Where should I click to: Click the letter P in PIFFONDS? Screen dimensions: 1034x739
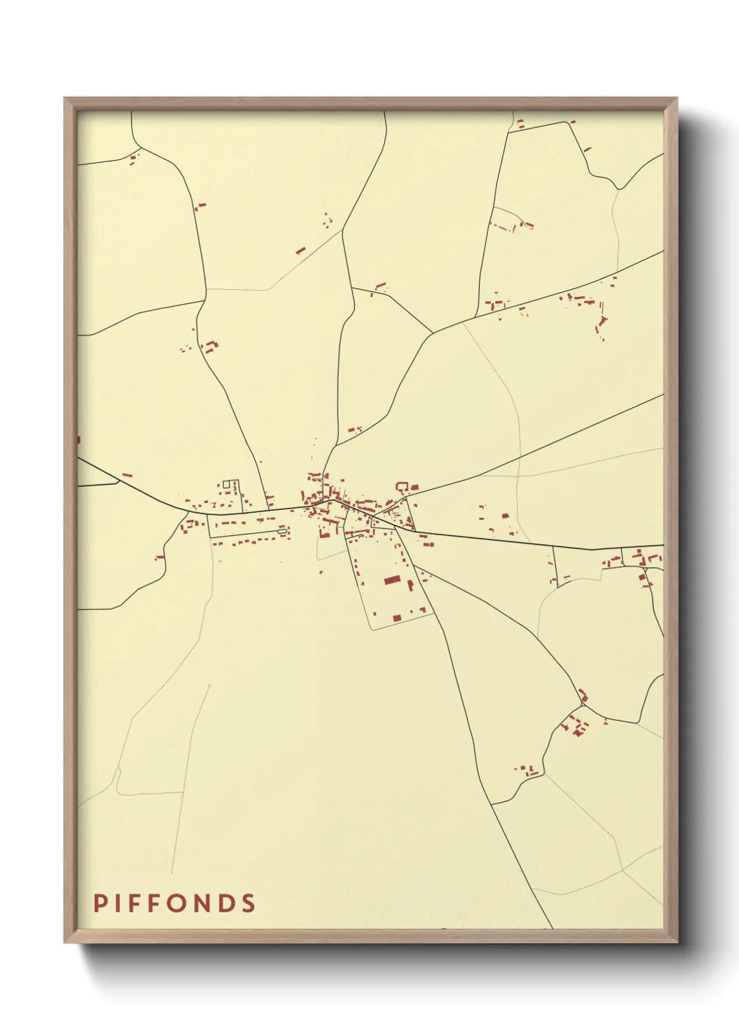tap(99, 903)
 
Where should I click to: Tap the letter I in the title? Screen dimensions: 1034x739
tap(118, 903)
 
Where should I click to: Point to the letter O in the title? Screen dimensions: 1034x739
tap(180, 903)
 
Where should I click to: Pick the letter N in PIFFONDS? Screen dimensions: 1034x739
tap(203, 903)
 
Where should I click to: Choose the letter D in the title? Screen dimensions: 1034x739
tap(227, 903)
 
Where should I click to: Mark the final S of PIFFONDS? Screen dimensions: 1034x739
tap(249, 903)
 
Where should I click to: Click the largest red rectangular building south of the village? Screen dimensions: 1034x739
tap(393, 580)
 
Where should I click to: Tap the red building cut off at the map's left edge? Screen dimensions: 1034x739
tap(78, 440)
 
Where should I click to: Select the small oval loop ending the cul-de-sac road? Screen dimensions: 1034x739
tap(282, 532)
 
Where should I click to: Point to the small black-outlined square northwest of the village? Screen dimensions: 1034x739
tap(226, 483)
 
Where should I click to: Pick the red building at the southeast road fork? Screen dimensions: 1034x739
tap(583, 695)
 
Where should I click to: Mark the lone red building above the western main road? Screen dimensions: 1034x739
tap(127, 475)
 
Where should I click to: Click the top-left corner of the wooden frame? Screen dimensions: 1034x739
tap(65, 99)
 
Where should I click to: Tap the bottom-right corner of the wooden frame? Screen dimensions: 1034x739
tap(676, 942)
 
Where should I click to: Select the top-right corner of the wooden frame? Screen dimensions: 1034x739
tap(676, 99)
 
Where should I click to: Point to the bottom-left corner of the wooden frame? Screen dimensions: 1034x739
tap(65, 942)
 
